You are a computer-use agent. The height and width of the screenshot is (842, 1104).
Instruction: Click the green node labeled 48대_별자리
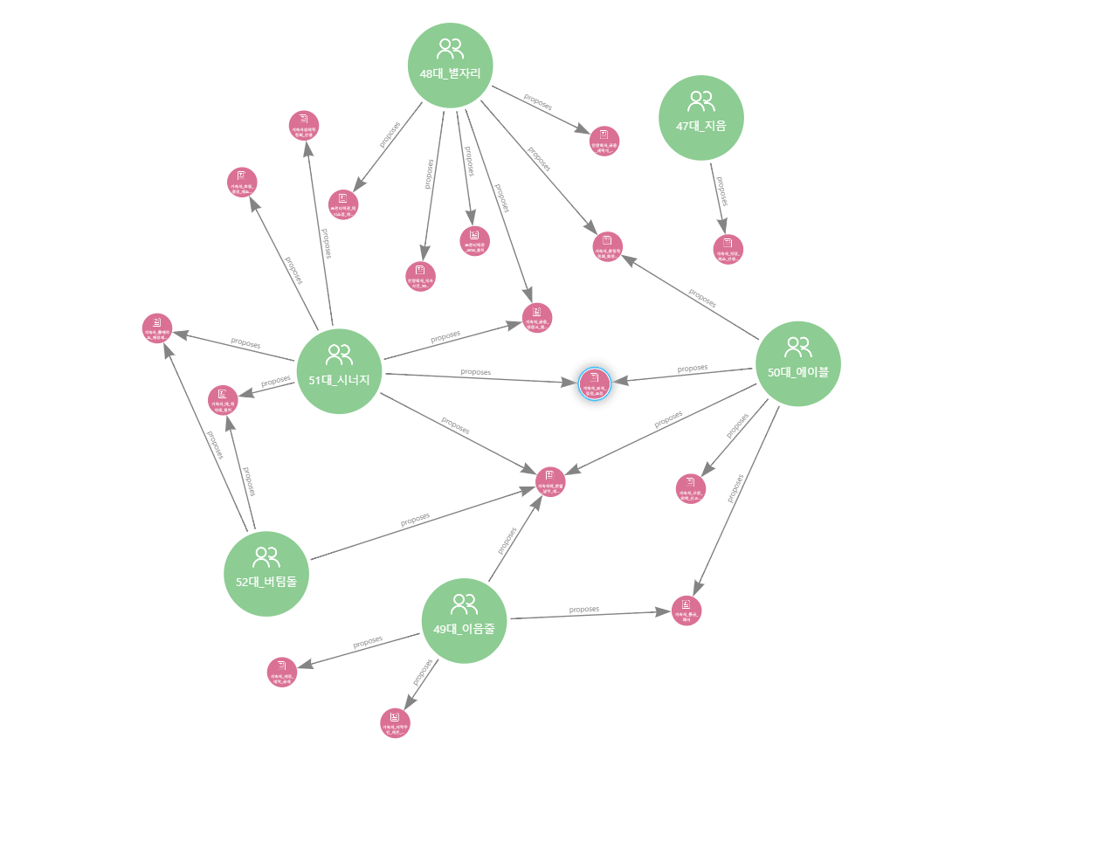tap(450, 66)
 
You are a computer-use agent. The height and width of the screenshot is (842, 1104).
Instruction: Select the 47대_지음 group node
tap(700, 117)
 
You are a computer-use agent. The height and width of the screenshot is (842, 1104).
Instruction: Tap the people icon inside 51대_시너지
tap(339, 355)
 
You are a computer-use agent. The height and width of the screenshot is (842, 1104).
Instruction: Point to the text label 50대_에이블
tap(797, 372)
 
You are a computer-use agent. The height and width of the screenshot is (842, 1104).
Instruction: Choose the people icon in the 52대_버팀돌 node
tap(266, 556)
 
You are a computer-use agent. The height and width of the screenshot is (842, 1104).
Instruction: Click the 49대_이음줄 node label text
tap(464, 629)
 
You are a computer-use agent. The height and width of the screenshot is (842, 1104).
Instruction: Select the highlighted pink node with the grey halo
tap(594, 383)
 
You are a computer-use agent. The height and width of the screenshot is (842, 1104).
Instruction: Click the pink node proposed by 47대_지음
tap(728, 249)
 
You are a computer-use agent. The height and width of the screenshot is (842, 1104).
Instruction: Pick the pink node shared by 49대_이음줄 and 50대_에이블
tap(687, 610)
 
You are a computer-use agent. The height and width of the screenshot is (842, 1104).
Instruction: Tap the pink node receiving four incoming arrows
tap(549, 480)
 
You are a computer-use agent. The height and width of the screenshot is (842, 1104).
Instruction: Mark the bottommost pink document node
tap(395, 722)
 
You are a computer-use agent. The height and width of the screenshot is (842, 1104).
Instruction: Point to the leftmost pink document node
tap(157, 328)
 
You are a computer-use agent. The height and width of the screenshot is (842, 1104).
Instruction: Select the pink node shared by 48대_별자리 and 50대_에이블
tap(608, 246)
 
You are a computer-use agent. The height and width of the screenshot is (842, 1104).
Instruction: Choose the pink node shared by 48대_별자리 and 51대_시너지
tap(536, 317)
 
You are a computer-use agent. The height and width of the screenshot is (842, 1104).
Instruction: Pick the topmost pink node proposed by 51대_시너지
tap(304, 126)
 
